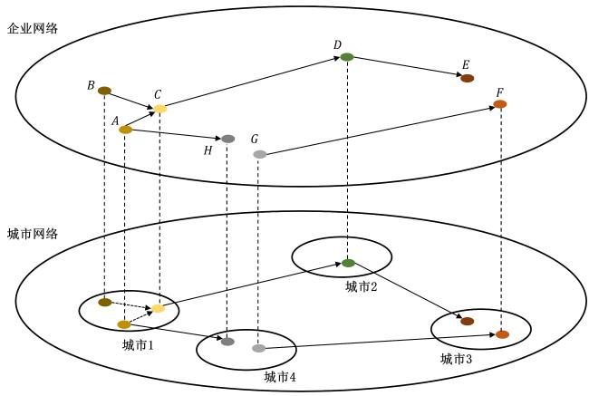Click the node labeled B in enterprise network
click(104, 91)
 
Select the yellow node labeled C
click(159, 109)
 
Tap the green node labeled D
click(347, 57)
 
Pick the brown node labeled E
click(467, 79)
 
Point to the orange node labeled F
click(499, 104)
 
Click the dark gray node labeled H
click(227, 139)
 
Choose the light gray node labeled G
click(259, 154)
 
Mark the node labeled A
click(125, 130)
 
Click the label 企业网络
click(33, 29)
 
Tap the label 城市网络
click(33, 234)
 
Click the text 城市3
click(456, 359)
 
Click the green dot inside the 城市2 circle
click(348, 263)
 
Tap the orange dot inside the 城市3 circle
click(502, 334)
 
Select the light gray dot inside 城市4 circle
click(258, 348)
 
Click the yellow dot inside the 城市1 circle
click(158, 308)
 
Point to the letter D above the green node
click(337, 44)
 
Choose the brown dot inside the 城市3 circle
click(467, 321)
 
